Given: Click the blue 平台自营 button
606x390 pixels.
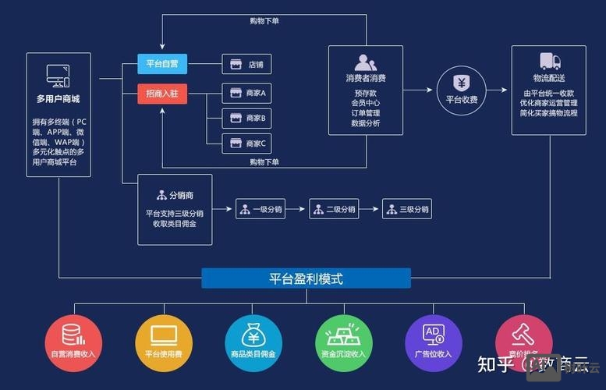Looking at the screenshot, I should click(162, 64).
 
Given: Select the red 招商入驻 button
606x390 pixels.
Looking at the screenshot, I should click(162, 94).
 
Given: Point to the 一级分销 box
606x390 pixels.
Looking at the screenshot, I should click(260, 209).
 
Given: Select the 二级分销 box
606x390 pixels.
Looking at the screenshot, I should click(333, 209).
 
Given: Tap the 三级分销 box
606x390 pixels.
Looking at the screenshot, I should click(406, 209).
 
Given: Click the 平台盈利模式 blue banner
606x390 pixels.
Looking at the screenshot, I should click(306, 278).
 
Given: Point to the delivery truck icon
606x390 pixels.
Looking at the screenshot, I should click(550, 62).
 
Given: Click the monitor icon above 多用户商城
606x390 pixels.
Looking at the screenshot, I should click(58, 76).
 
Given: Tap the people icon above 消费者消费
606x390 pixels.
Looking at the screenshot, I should click(365, 62).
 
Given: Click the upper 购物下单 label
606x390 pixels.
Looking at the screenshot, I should click(264, 21).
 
